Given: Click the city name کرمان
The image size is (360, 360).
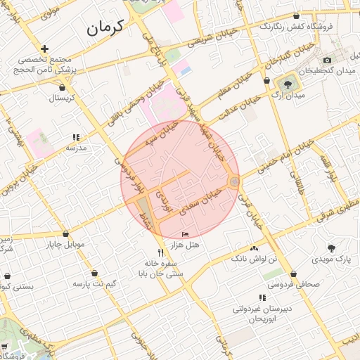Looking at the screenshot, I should click(x=105, y=27).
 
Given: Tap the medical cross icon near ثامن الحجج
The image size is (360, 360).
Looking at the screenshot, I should click(x=45, y=49).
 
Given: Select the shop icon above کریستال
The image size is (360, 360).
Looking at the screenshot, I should click(x=65, y=88).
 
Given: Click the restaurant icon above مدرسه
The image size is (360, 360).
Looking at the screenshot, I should click(x=76, y=138).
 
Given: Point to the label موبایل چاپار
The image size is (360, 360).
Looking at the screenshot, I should click(x=65, y=245).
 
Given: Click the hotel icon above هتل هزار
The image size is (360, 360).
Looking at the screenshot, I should click(x=185, y=234).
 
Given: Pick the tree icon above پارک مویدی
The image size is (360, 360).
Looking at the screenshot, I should click(x=330, y=247).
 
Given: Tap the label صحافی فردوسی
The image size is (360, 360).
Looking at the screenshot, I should click(x=294, y=285).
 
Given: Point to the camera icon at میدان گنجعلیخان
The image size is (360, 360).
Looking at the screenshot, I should click(x=328, y=61).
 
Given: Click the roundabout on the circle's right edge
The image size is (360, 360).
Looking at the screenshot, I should click(x=234, y=182).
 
